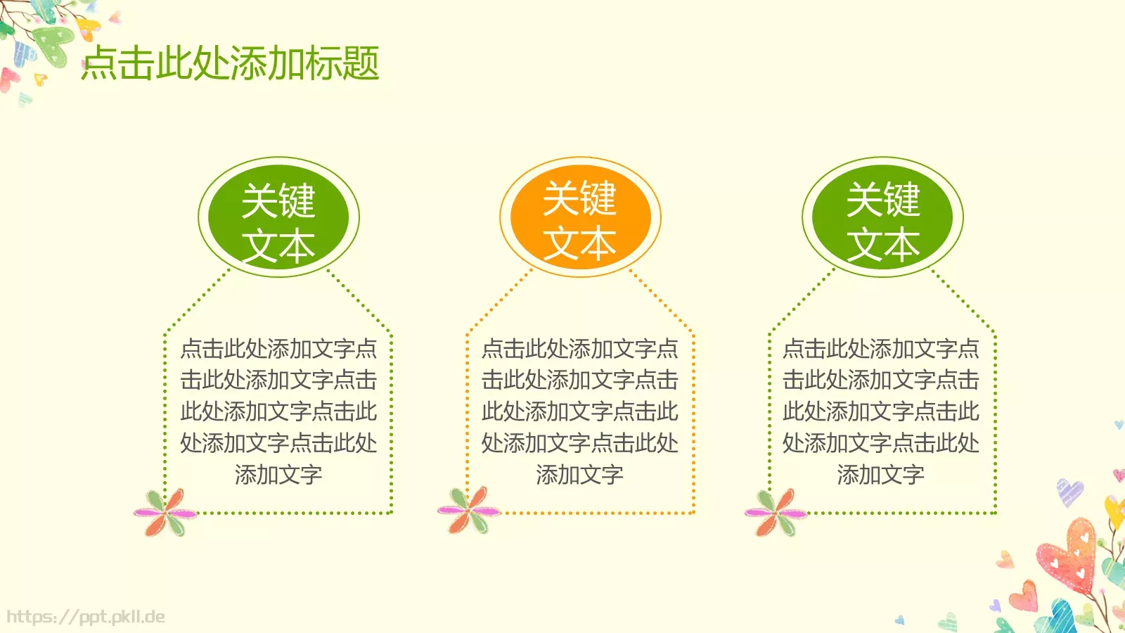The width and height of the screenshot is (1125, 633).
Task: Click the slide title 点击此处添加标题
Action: pyautogui.click(x=231, y=63)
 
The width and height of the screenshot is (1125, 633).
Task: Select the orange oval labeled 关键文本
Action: pyautogui.click(x=580, y=217)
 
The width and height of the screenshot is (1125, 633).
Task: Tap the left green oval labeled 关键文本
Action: pyautogui.click(x=278, y=217)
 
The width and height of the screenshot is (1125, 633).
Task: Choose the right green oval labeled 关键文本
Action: pyautogui.click(x=882, y=217)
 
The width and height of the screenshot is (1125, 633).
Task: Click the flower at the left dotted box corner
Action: pyautogui.click(x=165, y=513)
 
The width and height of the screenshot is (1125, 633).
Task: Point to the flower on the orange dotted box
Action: pyautogui.click(x=467, y=510)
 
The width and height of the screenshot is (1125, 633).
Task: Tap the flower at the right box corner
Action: pyautogui.click(x=775, y=513)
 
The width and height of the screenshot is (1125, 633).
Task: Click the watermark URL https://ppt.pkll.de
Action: pyautogui.click(x=86, y=618)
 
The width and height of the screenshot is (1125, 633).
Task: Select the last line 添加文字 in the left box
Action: pyautogui.click(x=278, y=475)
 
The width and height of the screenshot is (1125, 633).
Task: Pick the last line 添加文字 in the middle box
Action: pyautogui.click(x=580, y=475)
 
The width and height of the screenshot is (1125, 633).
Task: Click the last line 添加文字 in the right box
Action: pyautogui.click(x=881, y=475)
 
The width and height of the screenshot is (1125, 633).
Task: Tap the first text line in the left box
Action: pyautogui.click(x=278, y=349)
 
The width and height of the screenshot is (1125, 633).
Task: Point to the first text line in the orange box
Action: pyautogui.click(x=580, y=349)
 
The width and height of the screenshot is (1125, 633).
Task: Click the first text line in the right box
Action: pyautogui.click(x=881, y=349)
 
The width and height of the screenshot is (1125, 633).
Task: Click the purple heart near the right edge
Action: pyautogui.click(x=1069, y=490)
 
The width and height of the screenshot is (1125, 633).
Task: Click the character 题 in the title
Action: pyautogui.click(x=360, y=63)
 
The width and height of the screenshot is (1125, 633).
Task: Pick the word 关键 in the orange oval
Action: pyautogui.click(x=580, y=198)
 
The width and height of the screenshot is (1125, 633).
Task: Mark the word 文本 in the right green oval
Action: pyautogui.click(x=883, y=245)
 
